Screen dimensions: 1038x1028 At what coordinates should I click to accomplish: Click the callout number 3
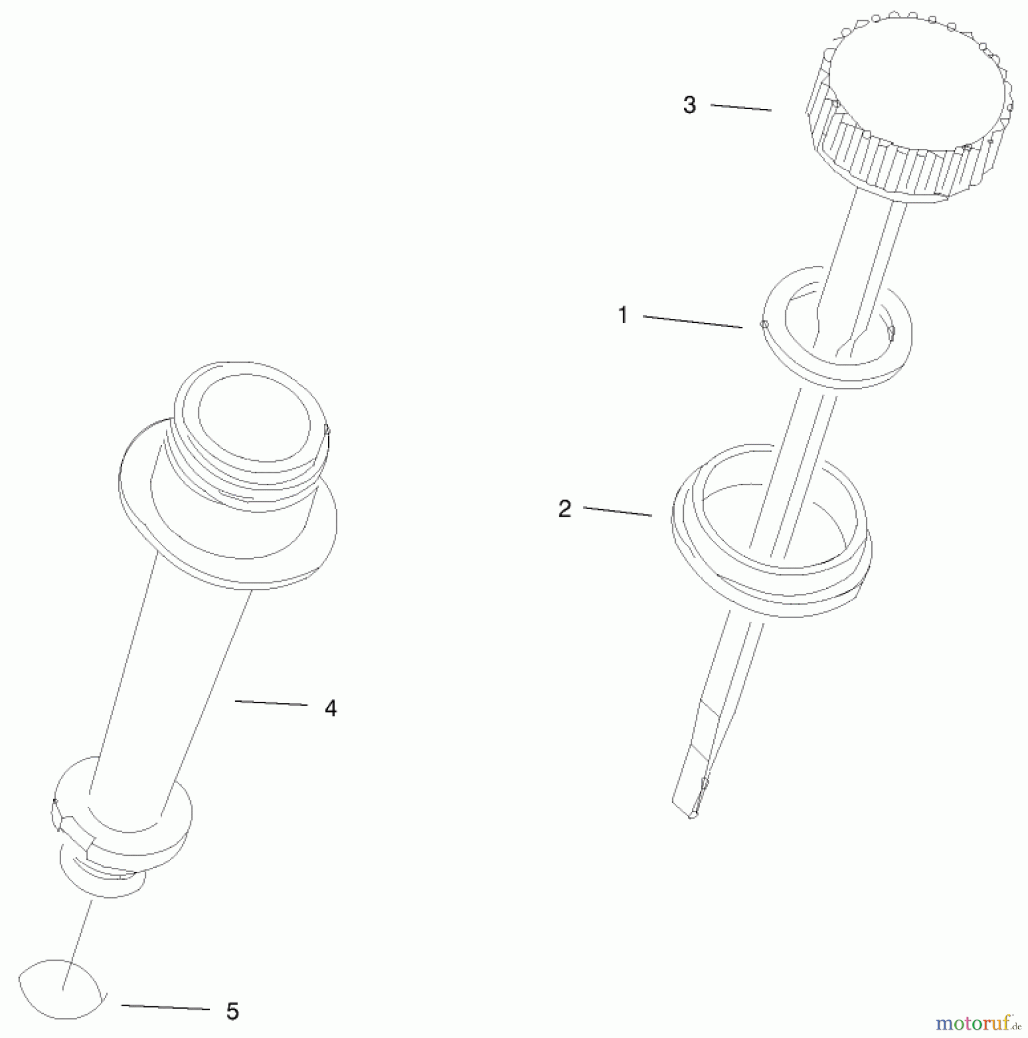coord(690,105)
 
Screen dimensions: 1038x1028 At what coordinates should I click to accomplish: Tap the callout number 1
coord(623,315)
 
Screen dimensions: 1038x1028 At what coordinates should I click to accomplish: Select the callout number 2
coord(564,509)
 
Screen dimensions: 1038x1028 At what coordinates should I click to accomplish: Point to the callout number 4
coord(330,708)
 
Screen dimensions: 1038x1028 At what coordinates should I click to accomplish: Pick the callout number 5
coord(232,1011)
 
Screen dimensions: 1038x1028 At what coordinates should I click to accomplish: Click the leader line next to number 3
coord(741,107)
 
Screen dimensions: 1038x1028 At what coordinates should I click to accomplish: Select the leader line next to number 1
coord(692,322)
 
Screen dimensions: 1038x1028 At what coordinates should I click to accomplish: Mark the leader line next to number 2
coord(617,512)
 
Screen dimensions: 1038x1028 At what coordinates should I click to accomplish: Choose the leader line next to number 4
coord(271,703)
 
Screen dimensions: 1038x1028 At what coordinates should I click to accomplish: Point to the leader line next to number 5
coord(165,1007)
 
